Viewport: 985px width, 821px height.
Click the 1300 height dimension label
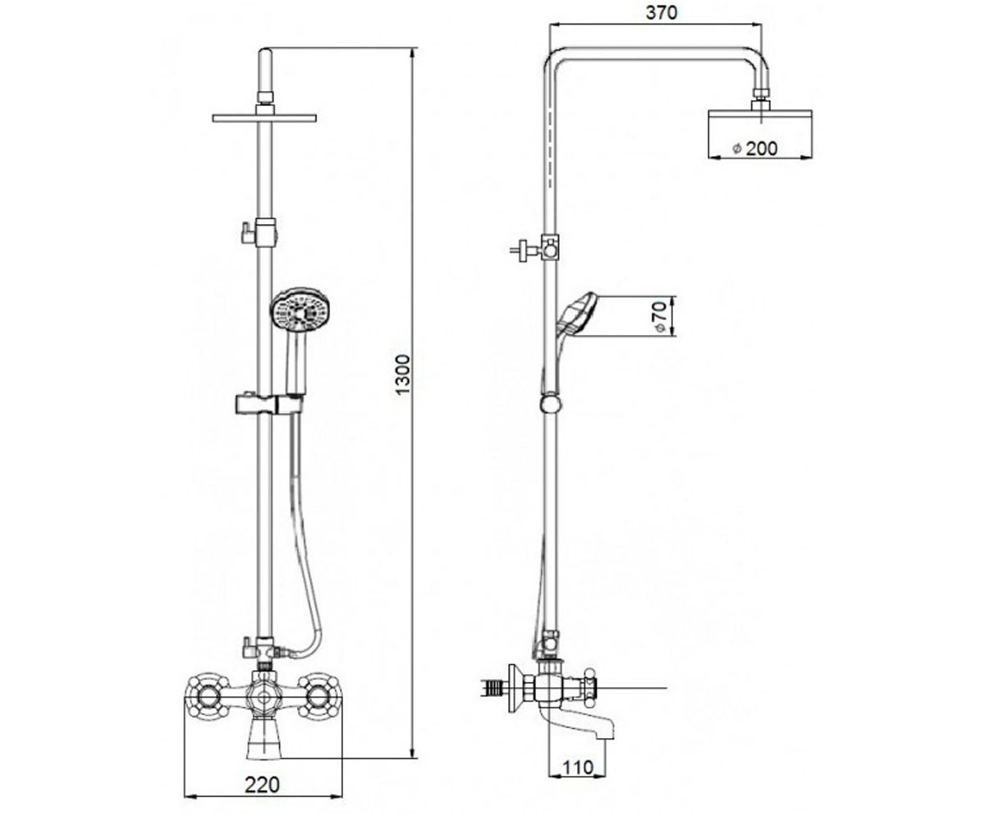(x=403, y=375)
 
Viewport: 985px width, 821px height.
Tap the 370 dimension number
(x=662, y=13)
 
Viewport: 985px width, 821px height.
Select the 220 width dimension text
(x=263, y=785)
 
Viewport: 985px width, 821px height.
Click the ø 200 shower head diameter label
(x=755, y=149)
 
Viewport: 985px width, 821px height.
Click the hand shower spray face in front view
(x=300, y=312)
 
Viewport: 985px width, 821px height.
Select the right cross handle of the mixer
(x=319, y=697)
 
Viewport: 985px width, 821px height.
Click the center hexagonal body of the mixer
(x=263, y=696)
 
